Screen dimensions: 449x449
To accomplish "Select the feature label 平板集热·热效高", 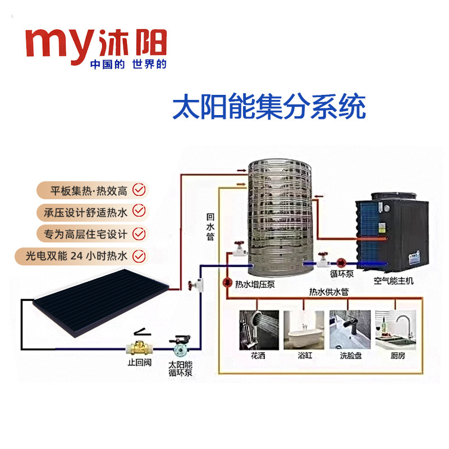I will (x=85, y=189).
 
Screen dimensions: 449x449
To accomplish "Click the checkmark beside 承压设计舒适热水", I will (x=138, y=211).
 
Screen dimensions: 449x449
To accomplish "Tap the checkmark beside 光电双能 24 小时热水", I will (x=138, y=255).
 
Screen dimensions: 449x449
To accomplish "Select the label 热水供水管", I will (x=329, y=292).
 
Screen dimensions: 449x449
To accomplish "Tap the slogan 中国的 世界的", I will (x=129, y=64).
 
